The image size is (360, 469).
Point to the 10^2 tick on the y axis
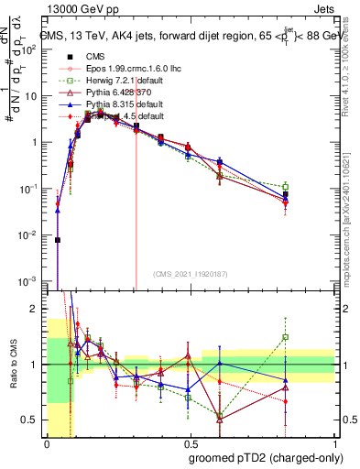[x=33, y=49]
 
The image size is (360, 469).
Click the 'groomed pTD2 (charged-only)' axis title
[x=267, y=457]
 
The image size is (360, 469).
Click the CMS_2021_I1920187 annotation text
[x=190, y=274]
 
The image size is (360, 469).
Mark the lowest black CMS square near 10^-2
[x=58, y=240]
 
